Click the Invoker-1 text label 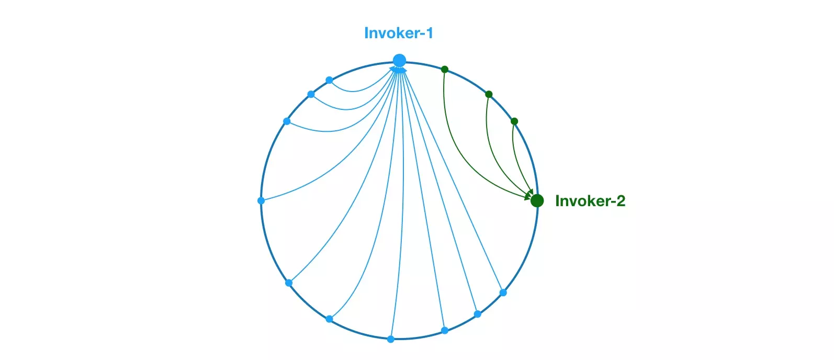(398, 33)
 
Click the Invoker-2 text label (590, 200)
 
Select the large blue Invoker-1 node (400, 60)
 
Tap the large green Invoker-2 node (537, 200)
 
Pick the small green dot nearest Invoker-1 (445, 69)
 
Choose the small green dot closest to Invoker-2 (514, 121)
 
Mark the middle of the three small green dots (489, 95)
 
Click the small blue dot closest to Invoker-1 (329, 80)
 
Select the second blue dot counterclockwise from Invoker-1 (311, 95)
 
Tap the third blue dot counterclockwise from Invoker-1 (287, 121)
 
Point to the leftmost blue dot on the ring (261, 200)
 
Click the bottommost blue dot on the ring (390, 339)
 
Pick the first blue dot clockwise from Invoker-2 (503, 292)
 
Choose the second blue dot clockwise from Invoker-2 (477, 314)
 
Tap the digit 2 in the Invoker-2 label (621, 201)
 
